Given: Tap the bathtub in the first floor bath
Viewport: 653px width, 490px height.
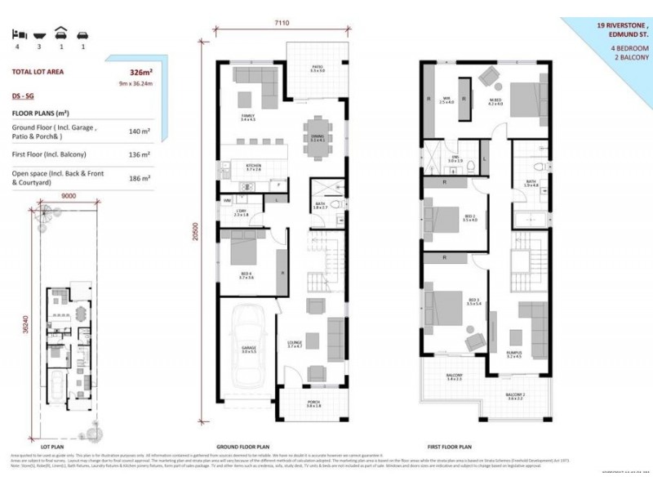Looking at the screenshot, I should coord(531,218).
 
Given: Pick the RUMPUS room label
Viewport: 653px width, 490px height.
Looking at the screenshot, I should coord(514,354).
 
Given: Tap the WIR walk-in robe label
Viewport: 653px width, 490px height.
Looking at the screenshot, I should coord(446,100).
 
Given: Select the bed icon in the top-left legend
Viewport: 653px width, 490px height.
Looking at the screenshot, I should coord(17,34).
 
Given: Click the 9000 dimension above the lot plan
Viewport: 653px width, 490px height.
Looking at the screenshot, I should coord(69,195).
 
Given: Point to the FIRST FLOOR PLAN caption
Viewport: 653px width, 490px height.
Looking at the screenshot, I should coord(451,448).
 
